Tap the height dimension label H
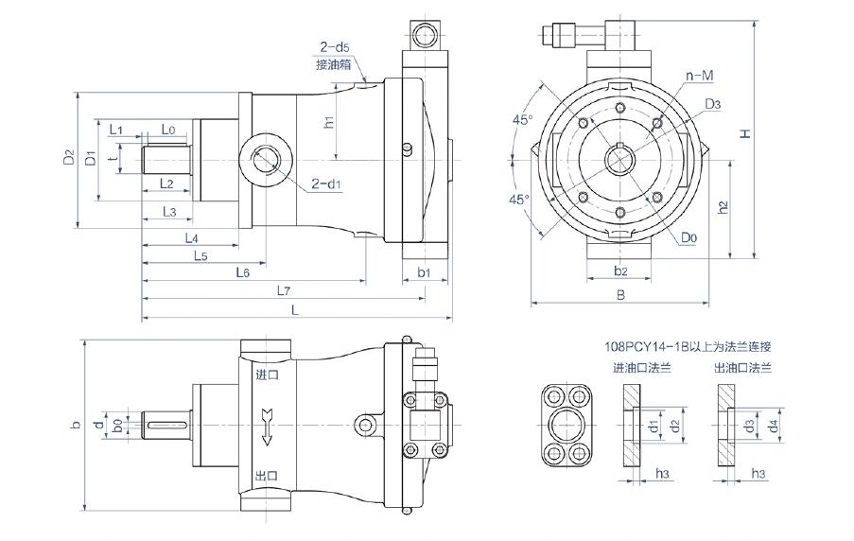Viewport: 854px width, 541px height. tap(745, 135)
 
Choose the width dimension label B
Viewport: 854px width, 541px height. tap(620, 295)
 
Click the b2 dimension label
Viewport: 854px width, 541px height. tap(620, 271)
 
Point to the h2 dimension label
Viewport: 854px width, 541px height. tap(723, 207)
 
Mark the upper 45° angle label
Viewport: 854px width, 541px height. tap(521, 120)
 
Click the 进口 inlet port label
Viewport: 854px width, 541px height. tap(268, 375)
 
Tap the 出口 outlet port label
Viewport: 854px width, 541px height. tap(268, 475)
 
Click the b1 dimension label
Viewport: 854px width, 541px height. tap(425, 272)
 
